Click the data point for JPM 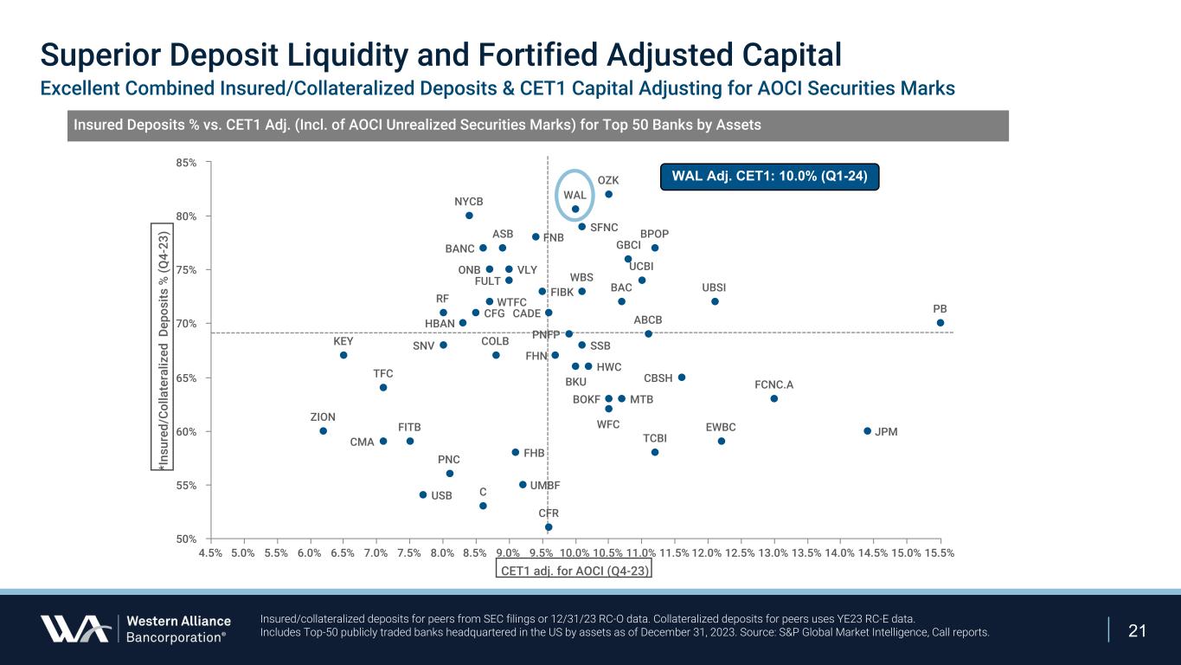[867, 431]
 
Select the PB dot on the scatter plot [940, 323]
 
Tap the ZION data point [323, 431]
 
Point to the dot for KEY [343, 355]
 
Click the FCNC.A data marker [774, 398]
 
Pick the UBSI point [715, 301]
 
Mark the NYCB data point [469, 216]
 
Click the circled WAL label [575, 195]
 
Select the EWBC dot [722, 441]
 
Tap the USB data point [423, 495]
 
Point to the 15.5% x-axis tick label [940, 552]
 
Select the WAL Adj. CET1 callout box [769, 177]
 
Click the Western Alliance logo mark [74, 629]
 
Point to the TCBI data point [655, 452]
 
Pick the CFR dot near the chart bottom [549, 526]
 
